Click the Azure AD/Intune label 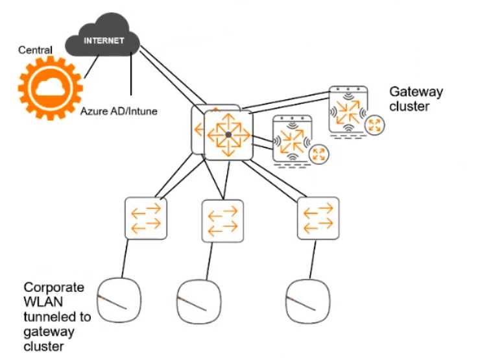[119, 112]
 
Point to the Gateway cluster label [415, 99]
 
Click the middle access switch [222, 221]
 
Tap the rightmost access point [307, 300]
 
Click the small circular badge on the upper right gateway [374, 125]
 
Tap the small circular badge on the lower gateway [318, 154]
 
